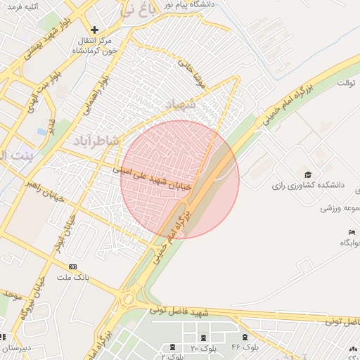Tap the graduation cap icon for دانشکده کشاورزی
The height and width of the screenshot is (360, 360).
(307, 174)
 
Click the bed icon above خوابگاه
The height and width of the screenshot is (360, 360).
(351, 233)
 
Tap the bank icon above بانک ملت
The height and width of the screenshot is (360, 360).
(73, 267)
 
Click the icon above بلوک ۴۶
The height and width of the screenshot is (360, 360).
(244, 336)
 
